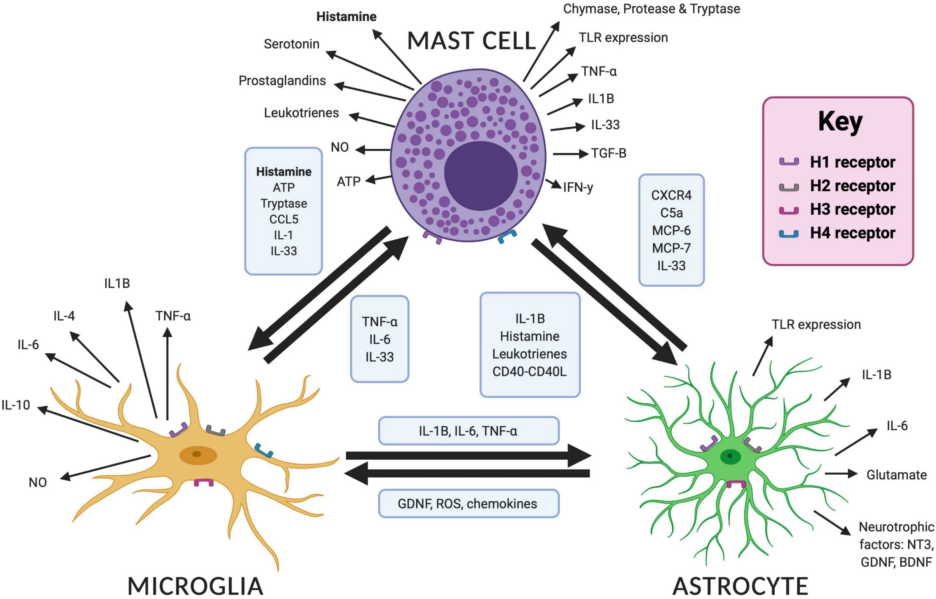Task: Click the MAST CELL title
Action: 471,41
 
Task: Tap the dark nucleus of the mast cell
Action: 481,176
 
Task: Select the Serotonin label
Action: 291,44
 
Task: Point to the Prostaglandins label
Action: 282,81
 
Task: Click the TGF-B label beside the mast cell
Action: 609,153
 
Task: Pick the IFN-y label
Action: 578,188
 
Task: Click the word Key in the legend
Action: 841,122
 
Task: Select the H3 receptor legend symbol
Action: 789,210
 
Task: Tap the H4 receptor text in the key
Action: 853,233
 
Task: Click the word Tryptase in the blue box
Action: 284,204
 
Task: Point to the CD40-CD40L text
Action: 529,371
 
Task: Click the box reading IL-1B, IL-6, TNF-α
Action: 469,430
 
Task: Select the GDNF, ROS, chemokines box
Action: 469,503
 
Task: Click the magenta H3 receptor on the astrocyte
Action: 736,484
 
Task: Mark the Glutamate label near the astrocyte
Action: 897,474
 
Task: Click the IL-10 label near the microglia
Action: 16,405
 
